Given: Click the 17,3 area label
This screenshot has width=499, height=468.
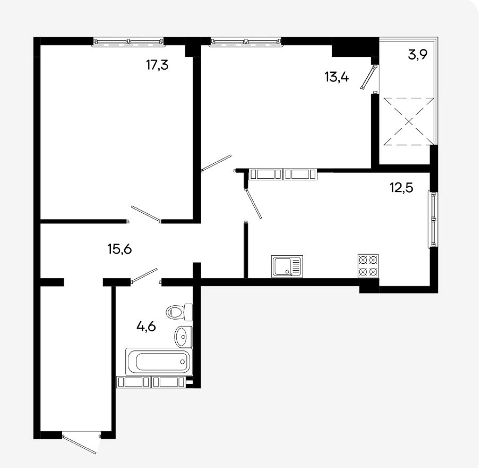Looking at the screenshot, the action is click(x=157, y=65).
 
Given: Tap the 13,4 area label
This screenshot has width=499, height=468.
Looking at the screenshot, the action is click(x=337, y=77).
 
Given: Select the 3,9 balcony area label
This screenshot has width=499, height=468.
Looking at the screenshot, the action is click(x=418, y=55).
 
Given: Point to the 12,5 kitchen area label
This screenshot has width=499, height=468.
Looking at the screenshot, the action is click(x=402, y=187).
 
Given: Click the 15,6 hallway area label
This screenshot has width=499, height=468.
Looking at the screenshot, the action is click(x=119, y=249).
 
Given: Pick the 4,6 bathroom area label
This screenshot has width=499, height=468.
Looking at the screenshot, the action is click(x=146, y=327).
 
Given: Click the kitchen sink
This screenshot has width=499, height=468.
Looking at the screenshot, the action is click(x=287, y=266).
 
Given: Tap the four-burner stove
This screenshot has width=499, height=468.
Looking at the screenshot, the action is click(x=368, y=266).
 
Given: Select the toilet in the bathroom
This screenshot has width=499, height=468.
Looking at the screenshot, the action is click(x=179, y=312).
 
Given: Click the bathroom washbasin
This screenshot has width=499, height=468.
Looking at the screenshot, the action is click(x=183, y=337).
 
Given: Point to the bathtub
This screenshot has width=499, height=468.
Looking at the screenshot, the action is click(x=159, y=362).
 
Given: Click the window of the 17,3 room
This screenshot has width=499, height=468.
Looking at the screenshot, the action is click(x=128, y=42).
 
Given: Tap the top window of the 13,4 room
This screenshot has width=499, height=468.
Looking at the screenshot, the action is click(x=246, y=42).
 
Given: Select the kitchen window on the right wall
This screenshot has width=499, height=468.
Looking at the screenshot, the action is click(x=433, y=219).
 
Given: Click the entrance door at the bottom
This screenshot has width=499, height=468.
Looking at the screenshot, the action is click(x=80, y=444).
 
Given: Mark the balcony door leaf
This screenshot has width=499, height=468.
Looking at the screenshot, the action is click(x=369, y=77).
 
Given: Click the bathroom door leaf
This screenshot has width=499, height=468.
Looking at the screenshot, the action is click(x=144, y=275).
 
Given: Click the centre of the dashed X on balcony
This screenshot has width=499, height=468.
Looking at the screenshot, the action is click(x=409, y=121).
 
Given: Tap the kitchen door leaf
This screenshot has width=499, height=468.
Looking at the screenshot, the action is click(x=253, y=203).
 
